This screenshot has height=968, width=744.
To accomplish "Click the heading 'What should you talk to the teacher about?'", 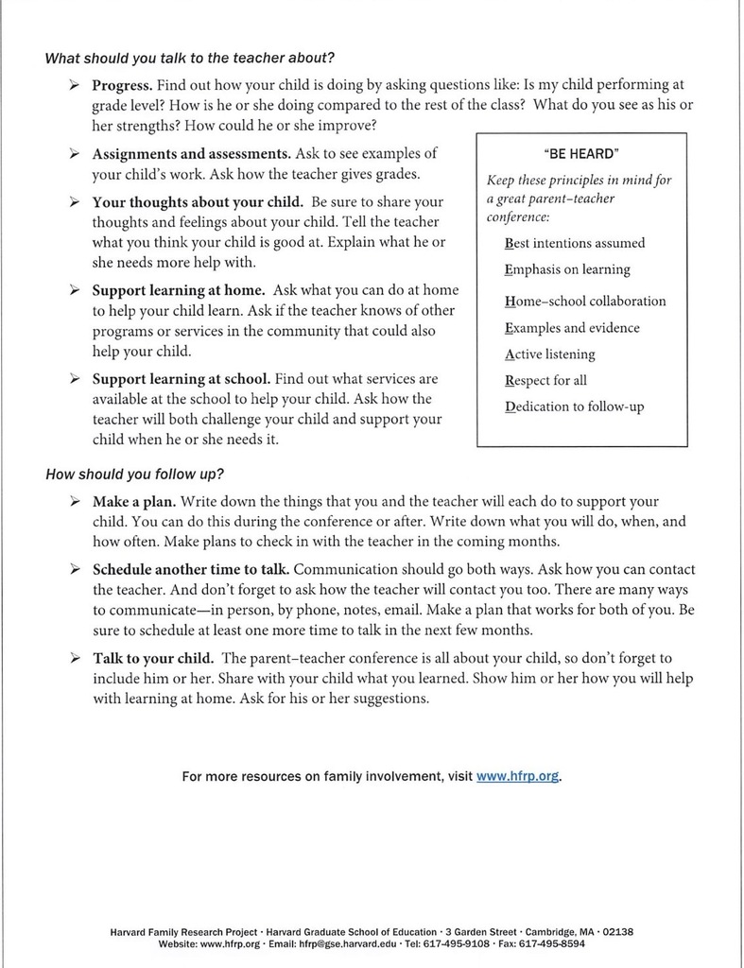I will click(x=190, y=58).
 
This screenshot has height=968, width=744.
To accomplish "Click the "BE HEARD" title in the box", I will click(x=581, y=154).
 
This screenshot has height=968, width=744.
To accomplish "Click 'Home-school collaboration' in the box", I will click(x=585, y=301).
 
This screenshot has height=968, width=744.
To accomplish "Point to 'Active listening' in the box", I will click(x=550, y=354).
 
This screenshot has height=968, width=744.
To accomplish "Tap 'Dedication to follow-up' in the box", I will click(x=575, y=408).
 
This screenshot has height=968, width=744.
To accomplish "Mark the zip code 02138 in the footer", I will click(x=616, y=931).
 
